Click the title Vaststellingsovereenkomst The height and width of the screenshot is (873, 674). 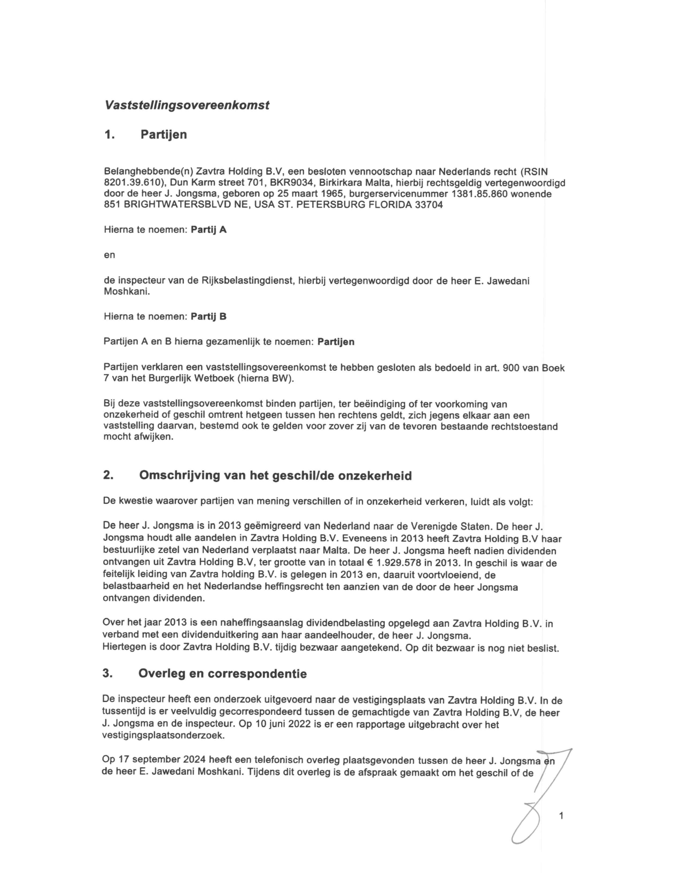click(x=187, y=105)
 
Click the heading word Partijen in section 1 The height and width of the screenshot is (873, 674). click(x=164, y=135)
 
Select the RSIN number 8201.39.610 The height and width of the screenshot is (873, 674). click(x=129, y=183)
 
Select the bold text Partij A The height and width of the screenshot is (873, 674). click(x=208, y=230)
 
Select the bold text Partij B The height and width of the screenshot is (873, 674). click(x=208, y=317)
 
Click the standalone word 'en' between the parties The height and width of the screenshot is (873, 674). click(x=109, y=255)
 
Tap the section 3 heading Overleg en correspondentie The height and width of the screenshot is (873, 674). click(x=222, y=674)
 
